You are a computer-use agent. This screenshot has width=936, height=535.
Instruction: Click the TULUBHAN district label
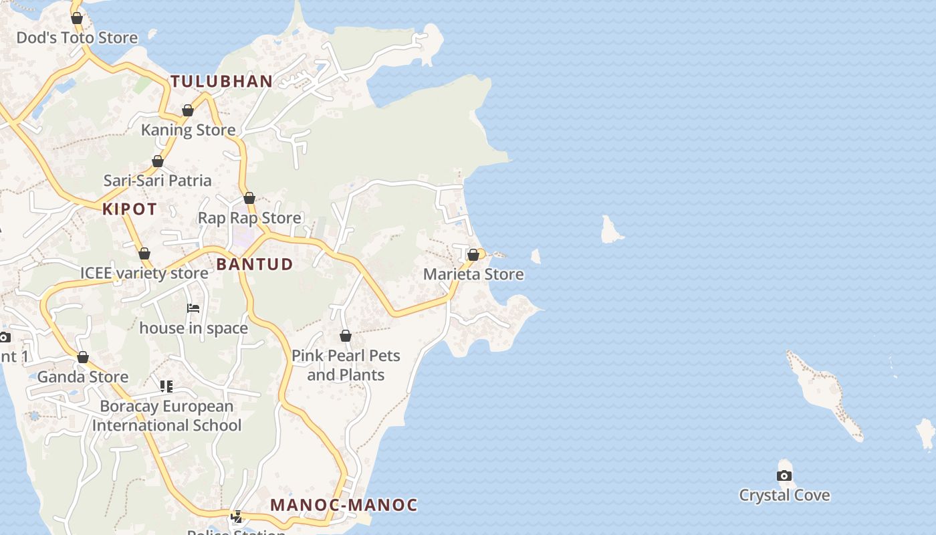[x=221, y=82]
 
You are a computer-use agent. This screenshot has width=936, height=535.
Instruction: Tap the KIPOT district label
[x=130, y=209]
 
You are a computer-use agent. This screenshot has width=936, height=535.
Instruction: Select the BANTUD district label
[x=255, y=264]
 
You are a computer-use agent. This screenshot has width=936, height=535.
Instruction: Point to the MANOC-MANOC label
[x=344, y=505]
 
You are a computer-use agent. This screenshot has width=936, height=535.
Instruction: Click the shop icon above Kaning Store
[x=188, y=110]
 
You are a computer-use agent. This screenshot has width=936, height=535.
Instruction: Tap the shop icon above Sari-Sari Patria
[x=158, y=161]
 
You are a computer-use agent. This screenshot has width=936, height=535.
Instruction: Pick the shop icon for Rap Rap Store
[x=249, y=198]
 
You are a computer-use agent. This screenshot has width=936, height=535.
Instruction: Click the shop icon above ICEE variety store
[x=144, y=253]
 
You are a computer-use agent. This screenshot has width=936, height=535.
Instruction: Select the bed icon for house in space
[x=193, y=308]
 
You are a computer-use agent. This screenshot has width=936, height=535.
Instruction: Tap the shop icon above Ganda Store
[x=83, y=357]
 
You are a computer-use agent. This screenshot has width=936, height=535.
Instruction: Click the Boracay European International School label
[x=166, y=416]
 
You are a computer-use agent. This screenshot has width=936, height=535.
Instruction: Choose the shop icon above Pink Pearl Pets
[x=346, y=336]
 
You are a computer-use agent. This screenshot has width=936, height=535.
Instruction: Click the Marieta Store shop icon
[x=473, y=255]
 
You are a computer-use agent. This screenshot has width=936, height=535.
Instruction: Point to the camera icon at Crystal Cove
[x=784, y=475]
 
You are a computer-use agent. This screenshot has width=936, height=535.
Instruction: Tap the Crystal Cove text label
[x=784, y=496]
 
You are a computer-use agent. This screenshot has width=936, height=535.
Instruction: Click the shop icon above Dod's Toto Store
[x=77, y=18]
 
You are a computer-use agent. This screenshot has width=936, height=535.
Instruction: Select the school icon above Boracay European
[x=166, y=386]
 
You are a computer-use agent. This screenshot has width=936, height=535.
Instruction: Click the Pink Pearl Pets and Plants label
[x=346, y=365]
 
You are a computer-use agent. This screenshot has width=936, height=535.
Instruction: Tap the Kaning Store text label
[x=188, y=130]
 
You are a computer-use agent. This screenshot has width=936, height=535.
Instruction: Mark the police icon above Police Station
[x=236, y=516]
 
